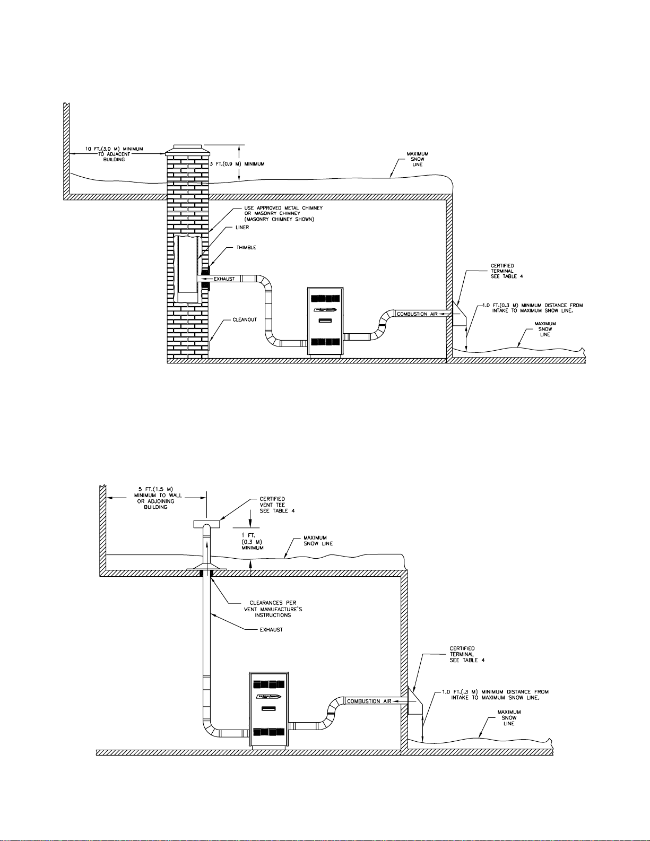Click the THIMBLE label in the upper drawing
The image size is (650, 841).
coord(246,247)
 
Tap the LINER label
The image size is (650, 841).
coord(242,227)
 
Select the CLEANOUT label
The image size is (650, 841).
coord(245,319)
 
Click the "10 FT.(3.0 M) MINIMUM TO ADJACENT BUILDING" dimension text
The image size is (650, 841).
coord(114,154)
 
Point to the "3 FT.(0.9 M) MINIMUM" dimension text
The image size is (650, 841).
coord(237,164)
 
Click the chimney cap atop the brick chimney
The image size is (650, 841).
coord(187,151)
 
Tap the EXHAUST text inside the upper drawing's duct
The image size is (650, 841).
coord(224,279)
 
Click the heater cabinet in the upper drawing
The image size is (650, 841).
coord(325,321)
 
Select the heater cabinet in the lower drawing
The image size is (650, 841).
coord(268,710)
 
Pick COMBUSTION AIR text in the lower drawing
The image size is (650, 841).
coord(369,701)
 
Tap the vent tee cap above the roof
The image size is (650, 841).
coord(206,524)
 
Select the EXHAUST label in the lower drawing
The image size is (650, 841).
coord(271,630)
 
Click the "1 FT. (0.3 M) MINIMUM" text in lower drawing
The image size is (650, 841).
coord(253,541)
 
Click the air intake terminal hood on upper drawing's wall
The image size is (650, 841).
coord(460,314)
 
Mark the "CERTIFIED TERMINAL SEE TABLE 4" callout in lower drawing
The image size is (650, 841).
coord(467,654)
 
